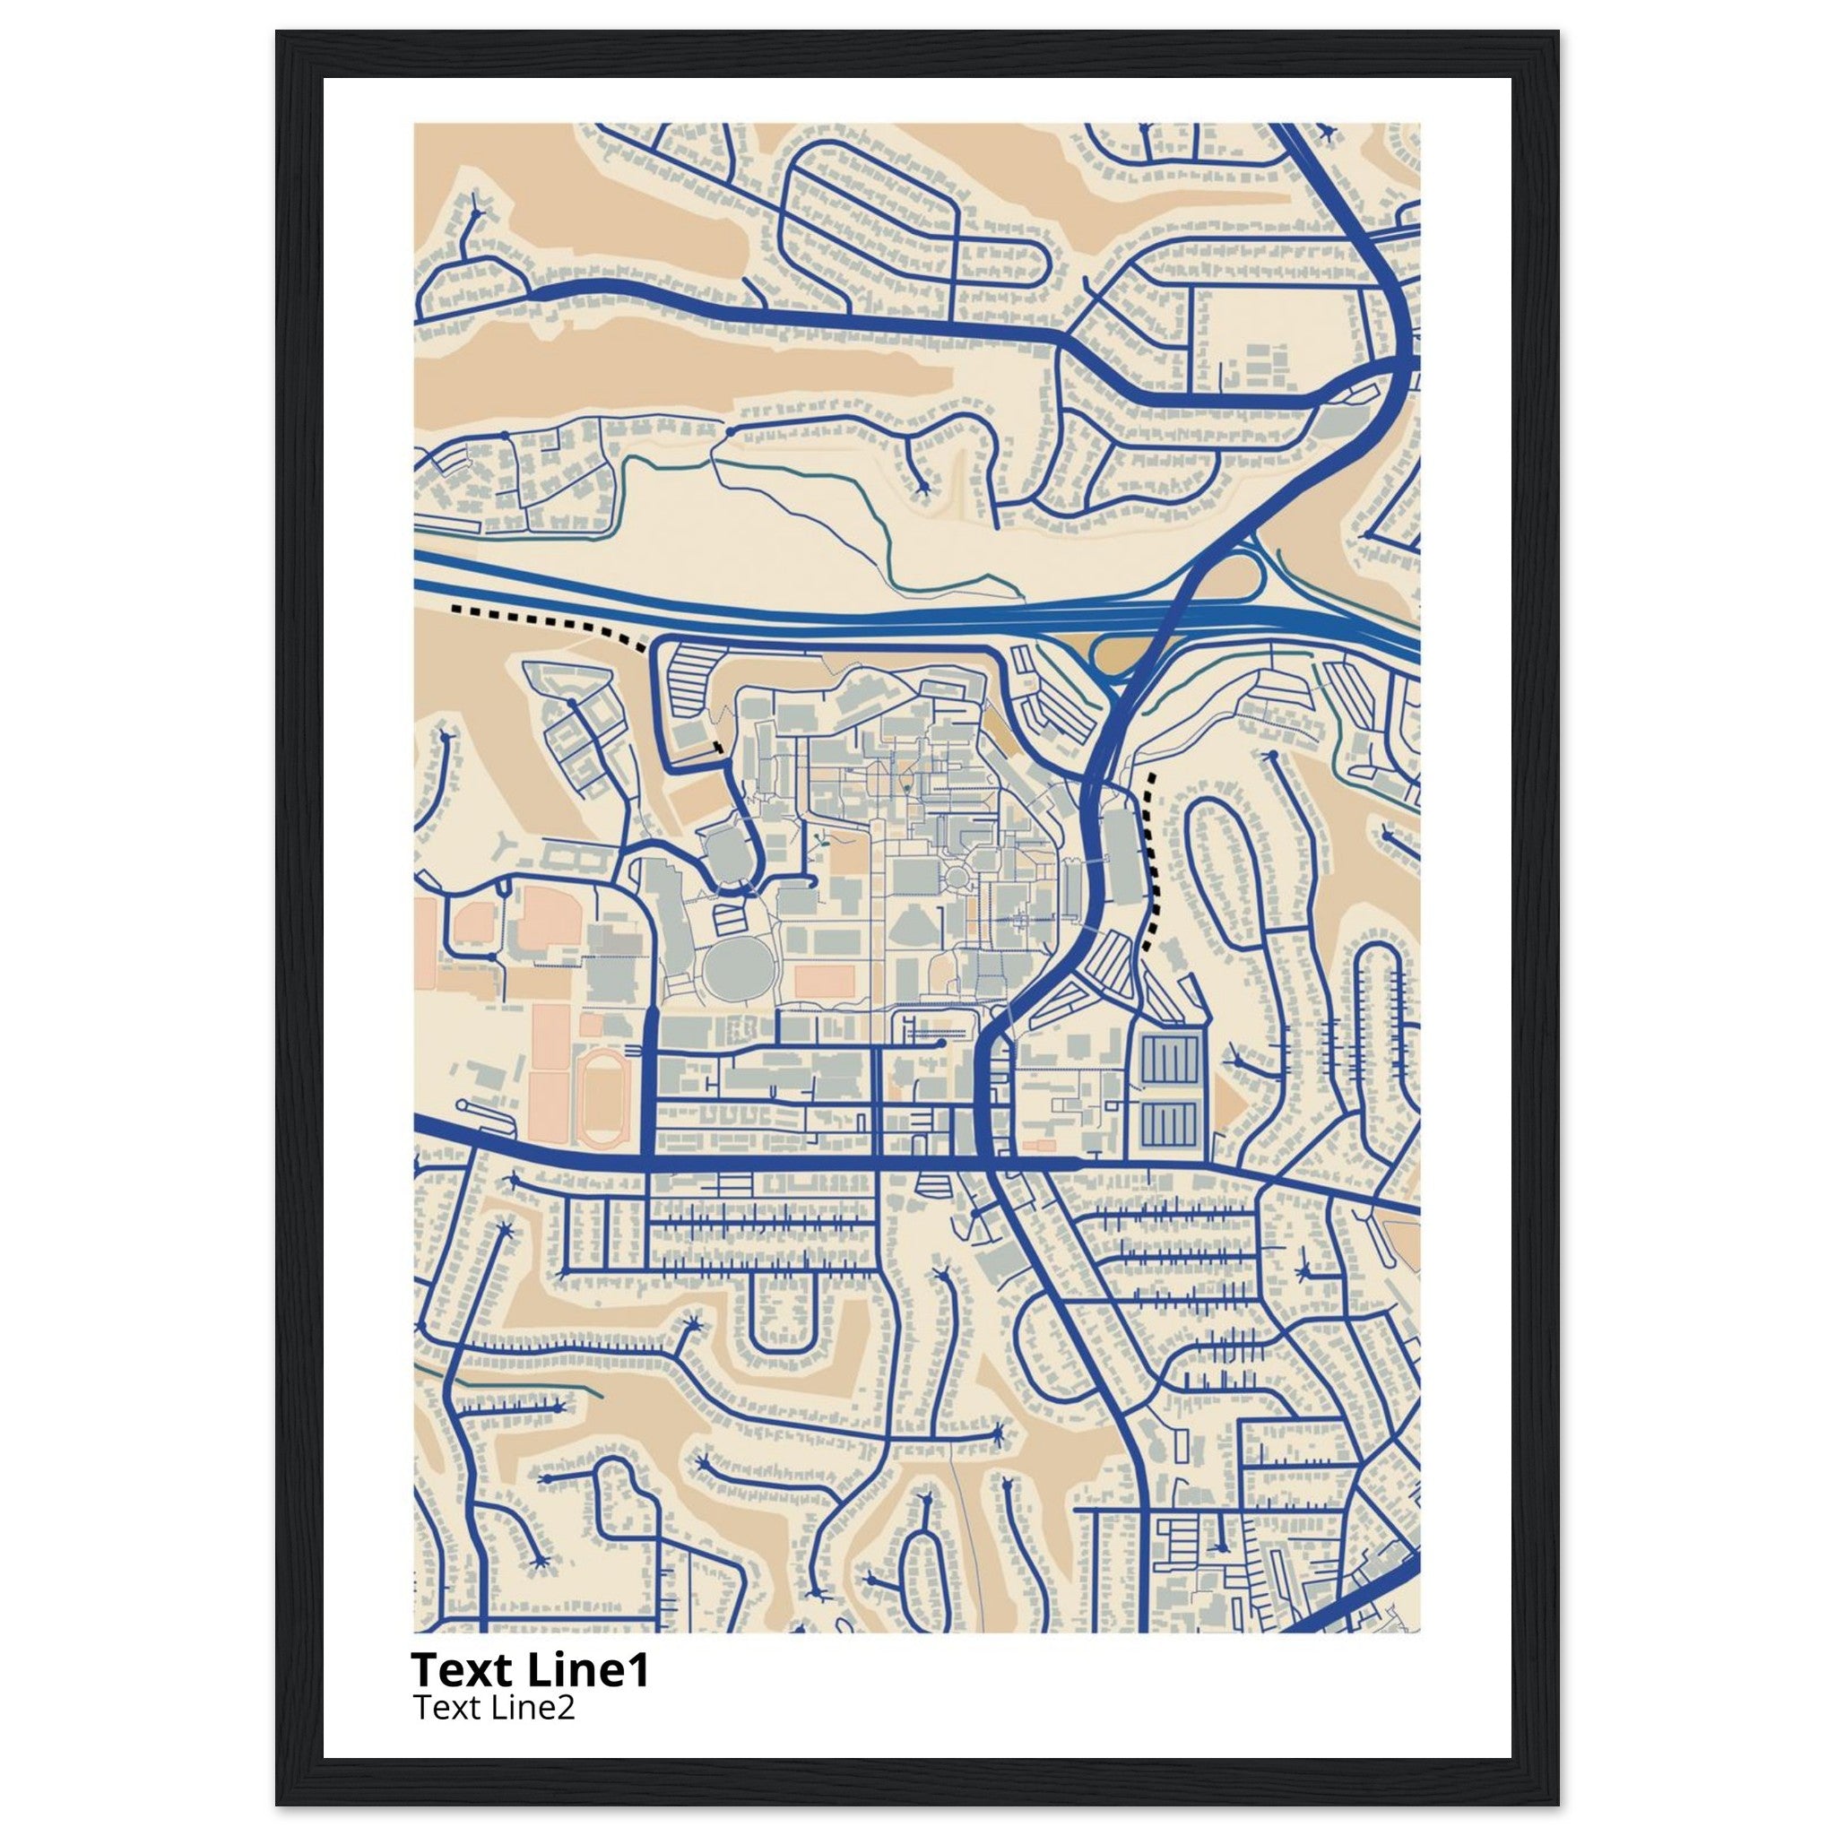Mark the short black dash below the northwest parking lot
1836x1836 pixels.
click(x=717, y=747)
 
